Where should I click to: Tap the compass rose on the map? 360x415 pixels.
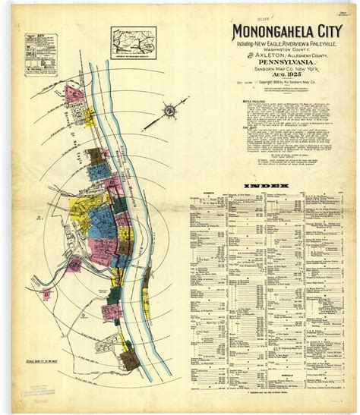click(x=169, y=113)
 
